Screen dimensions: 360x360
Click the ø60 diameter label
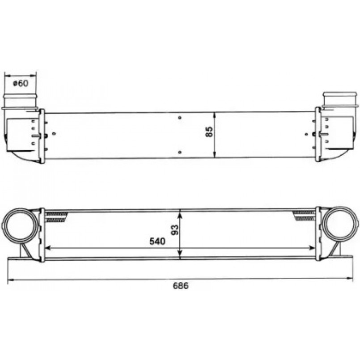pyautogui.click(x=21, y=83)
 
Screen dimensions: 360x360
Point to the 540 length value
pyautogui.click(x=157, y=241)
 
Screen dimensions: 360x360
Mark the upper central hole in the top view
pyautogui.click(x=180, y=118)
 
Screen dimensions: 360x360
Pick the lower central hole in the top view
pyautogui.click(x=180, y=152)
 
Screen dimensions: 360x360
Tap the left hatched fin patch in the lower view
pyautogui.click(x=57, y=216)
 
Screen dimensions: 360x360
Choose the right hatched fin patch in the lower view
pyautogui.click(x=304, y=216)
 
